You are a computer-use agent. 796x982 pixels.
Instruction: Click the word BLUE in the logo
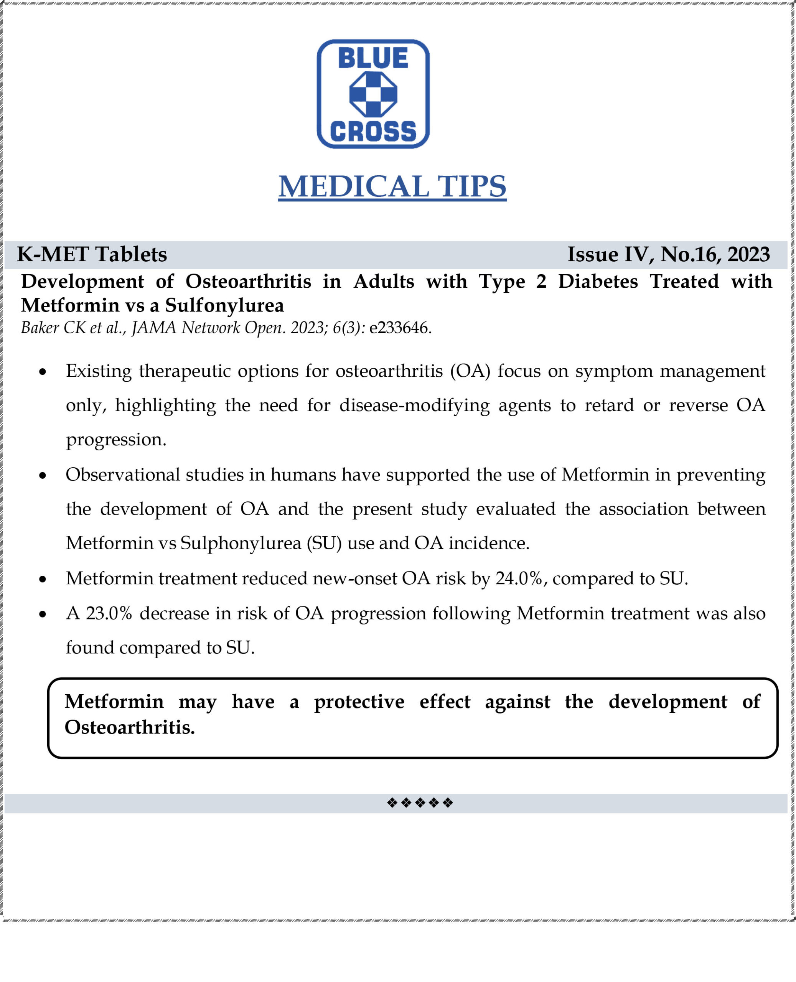(x=373, y=58)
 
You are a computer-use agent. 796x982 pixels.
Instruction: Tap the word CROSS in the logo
(x=373, y=132)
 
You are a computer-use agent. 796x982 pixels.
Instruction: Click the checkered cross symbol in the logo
(x=373, y=94)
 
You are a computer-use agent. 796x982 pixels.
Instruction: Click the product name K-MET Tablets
(x=92, y=254)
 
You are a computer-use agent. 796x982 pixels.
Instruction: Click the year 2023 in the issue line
(x=748, y=254)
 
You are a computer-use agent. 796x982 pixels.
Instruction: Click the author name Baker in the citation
(x=40, y=328)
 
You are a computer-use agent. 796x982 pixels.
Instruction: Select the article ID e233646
(x=399, y=328)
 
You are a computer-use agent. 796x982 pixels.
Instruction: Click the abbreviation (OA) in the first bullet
(x=470, y=371)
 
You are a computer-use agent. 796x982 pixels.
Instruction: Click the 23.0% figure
(x=109, y=613)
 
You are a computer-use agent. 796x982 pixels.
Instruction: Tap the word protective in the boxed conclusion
(x=359, y=702)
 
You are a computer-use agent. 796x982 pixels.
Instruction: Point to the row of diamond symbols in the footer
(x=420, y=803)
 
